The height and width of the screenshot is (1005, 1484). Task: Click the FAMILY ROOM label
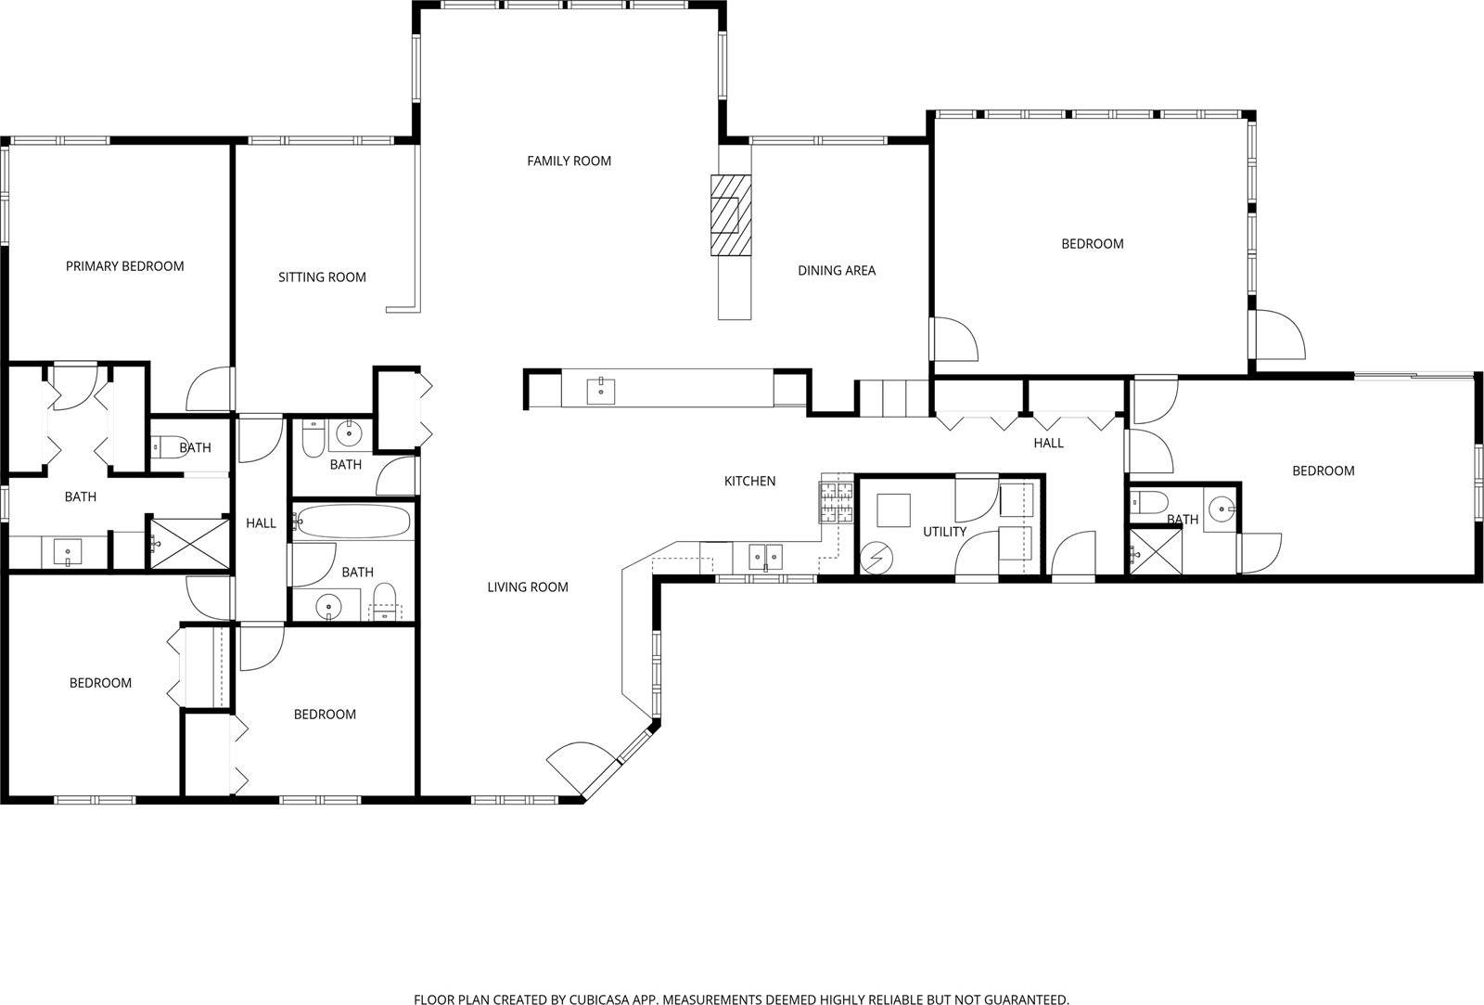[x=569, y=161]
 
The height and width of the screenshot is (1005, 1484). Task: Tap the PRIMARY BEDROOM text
[x=124, y=266]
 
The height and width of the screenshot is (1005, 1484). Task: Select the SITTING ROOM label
[x=322, y=277]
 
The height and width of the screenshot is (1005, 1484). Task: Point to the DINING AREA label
[x=836, y=271]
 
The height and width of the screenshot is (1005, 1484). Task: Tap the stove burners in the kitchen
[x=836, y=501]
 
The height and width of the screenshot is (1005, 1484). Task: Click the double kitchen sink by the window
[x=765, y=557]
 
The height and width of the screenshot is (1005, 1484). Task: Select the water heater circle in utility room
[x=876, y=557]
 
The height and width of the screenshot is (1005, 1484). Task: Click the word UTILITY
[x=944, y=532]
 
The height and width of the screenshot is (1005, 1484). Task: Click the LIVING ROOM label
[x=527, y=586]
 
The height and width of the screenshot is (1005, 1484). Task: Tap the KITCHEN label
[x=749, y=481]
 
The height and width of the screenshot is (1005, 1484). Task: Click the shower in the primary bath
[x=189, y=543]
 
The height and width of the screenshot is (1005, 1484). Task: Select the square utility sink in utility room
[x=893, y=510]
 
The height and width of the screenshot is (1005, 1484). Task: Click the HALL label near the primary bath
[x=261, y=523]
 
